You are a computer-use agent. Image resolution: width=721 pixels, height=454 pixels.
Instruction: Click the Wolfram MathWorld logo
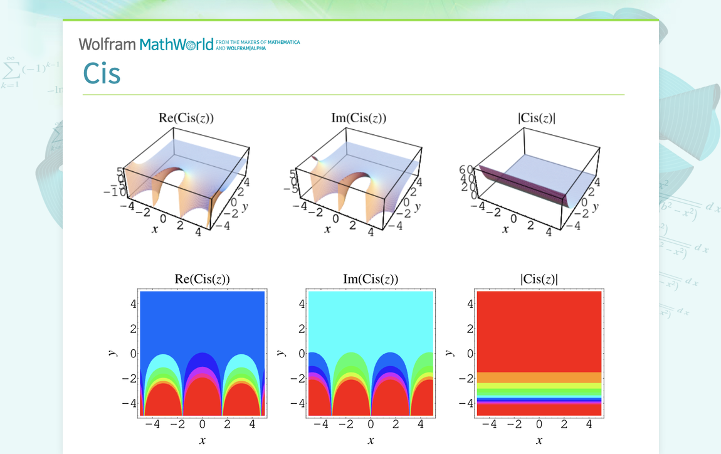coord(146,45)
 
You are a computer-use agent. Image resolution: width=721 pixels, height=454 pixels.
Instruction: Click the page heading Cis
coord(102,74)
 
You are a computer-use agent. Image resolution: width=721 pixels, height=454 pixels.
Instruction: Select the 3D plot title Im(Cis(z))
coord(359,118)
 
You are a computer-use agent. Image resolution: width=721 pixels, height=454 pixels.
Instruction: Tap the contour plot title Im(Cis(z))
coord(370,280)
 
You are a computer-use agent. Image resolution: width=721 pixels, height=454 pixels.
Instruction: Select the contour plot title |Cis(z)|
coord(539,280)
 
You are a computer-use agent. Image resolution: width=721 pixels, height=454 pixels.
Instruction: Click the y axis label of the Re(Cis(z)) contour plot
coord(111,353)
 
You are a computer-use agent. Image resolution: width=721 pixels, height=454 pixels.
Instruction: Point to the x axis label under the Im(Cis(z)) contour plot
coord(371,441)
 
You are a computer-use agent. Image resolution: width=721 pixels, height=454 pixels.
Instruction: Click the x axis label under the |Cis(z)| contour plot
coord(539,441)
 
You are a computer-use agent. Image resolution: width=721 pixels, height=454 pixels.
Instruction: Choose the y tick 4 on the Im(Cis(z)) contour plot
coord(302,304)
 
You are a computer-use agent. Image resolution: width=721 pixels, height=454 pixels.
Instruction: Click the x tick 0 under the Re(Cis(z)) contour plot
coord(202,425)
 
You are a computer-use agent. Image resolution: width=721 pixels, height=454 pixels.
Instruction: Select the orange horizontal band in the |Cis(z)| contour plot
coord(539,377)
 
